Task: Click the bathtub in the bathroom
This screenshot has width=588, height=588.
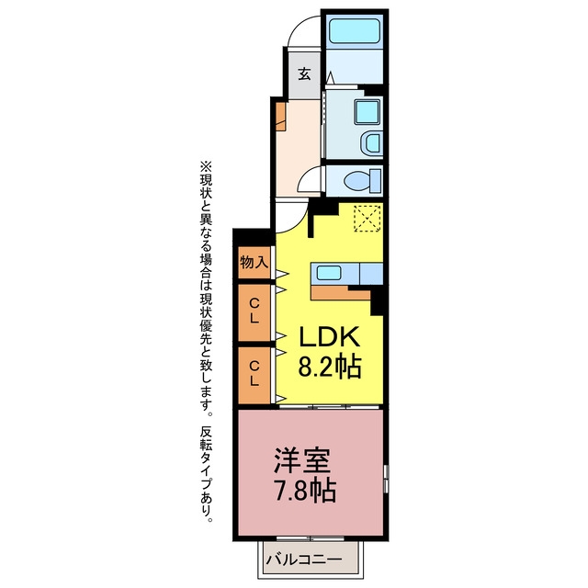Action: click(355, 30)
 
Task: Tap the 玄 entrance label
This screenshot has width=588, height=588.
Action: click(304, 73)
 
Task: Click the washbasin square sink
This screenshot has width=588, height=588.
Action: click(367, 112)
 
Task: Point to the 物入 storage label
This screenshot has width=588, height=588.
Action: click(254, 262)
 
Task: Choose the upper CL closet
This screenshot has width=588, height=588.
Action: click(254, 312)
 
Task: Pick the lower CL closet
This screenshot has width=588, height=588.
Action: click(254, 376)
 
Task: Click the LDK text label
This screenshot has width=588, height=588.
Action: click(330, 337)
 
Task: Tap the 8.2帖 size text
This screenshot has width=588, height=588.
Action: click(330, 367)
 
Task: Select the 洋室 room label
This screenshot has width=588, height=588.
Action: click(302, 459)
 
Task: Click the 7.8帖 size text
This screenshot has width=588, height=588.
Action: click(305, 490)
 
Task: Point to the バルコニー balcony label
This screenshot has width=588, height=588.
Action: click(304, 560)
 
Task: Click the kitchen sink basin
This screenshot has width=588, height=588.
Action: click(329, 273)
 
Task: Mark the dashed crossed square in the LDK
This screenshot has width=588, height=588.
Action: click(367, 219)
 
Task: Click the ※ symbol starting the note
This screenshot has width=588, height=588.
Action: click(206, 166)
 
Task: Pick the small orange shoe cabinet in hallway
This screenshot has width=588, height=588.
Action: click(280, 117)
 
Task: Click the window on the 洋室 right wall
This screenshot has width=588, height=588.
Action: click(386, 479)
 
